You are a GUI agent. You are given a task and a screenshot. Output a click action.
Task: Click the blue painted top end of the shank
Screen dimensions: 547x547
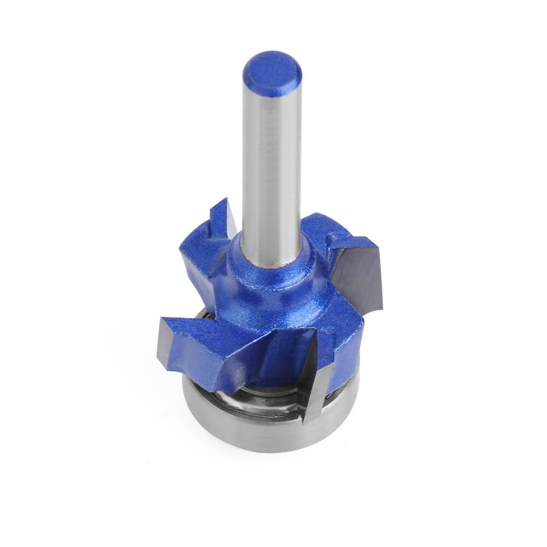(272, 71)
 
